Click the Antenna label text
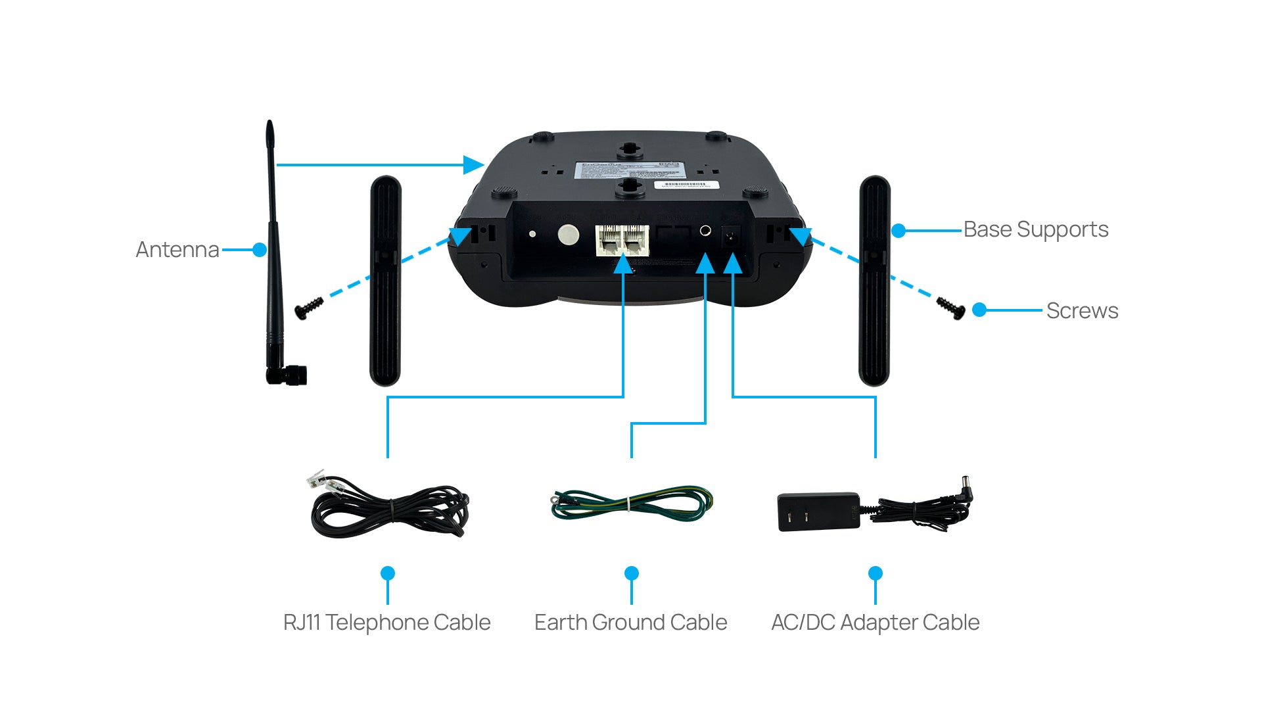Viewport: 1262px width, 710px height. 177,250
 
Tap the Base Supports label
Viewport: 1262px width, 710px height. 1035,229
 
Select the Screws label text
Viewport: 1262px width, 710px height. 1082,310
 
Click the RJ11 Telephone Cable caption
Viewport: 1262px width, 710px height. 386,622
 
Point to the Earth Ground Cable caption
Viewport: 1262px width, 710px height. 630,622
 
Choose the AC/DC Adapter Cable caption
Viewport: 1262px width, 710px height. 875,622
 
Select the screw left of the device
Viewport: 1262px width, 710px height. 309,308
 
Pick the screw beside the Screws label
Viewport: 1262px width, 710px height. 950,307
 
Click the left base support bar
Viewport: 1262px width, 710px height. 385,281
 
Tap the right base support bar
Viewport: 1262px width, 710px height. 874,281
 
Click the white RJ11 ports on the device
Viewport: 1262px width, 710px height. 622,240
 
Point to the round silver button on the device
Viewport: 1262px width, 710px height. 568,235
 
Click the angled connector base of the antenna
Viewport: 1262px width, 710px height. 287,375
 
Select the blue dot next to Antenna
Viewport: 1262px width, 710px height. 260,250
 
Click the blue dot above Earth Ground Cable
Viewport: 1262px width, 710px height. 632,573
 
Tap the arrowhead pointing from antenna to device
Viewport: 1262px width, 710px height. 473,165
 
